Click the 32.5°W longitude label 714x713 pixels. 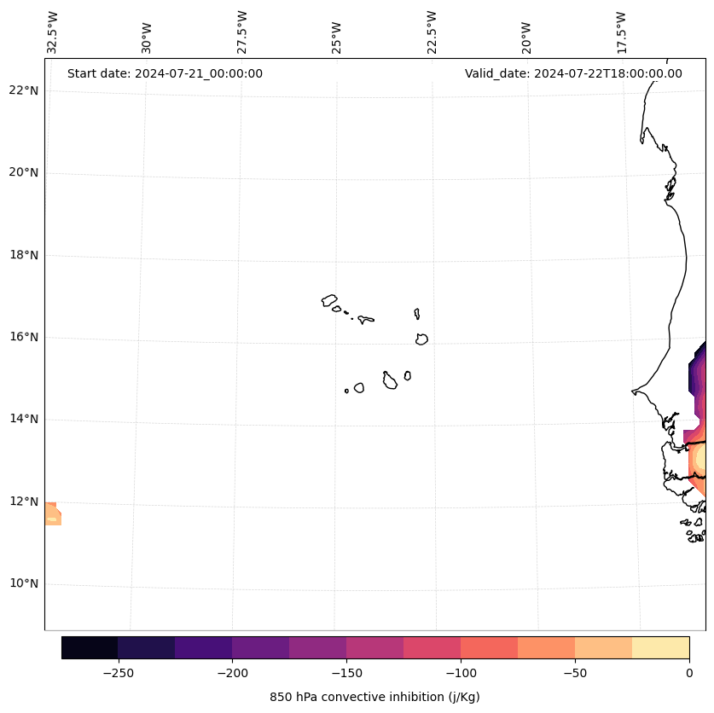click(x=53, y=32)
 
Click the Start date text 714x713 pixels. click(x=165, y=73)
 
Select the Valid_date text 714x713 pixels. click(x=573, y=73)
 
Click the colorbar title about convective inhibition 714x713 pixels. click(x=374, y=697)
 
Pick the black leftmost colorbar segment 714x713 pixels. click(x=90, y=647)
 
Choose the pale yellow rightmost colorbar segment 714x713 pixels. click(x=660, y=647)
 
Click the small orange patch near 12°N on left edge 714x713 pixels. click(x=52, y=513)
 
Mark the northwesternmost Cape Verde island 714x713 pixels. click(x=329, y=300)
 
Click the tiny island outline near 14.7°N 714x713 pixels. click(x=346, y=391)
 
